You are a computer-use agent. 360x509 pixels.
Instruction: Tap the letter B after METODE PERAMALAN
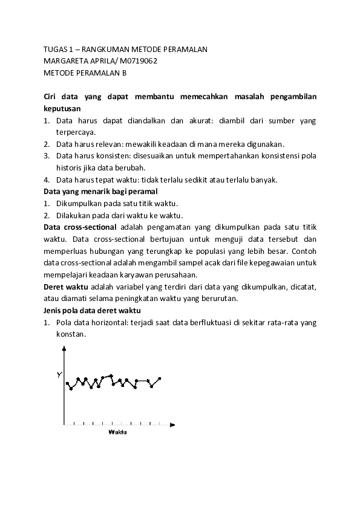(125, 73)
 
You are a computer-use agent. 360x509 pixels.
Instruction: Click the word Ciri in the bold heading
(51, 97)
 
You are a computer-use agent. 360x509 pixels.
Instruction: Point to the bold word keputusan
(62, 108)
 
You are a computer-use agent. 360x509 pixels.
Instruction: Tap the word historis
(69, 167)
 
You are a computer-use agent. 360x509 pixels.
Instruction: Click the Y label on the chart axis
(59, 375)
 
